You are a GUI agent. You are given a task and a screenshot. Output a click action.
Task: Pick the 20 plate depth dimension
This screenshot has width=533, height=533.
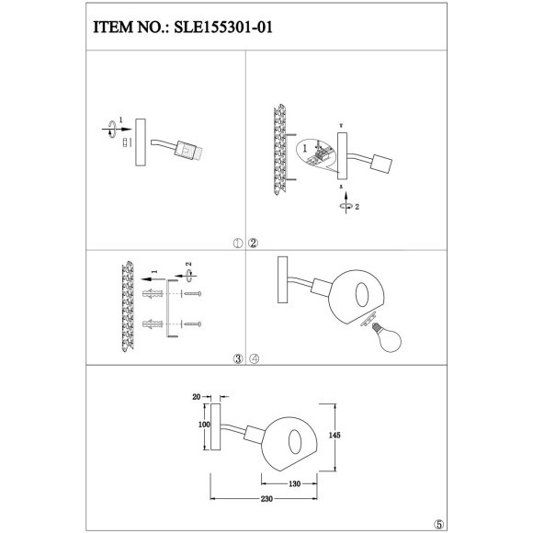pos(197,397)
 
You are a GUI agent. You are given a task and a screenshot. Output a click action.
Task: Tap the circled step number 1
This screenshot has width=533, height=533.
pos(237,244)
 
